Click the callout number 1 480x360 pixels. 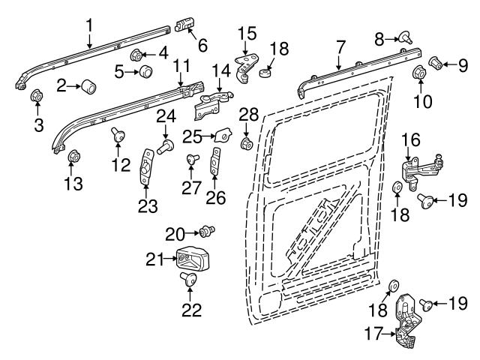89,26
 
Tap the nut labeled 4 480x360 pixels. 136,55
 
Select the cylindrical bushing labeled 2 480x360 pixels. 88,87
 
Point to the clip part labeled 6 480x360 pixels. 185,25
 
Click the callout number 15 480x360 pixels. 247,34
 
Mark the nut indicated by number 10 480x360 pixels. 420,73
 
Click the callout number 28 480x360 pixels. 248,115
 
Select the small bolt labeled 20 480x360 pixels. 207,231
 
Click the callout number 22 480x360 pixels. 192,310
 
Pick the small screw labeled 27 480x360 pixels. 193,159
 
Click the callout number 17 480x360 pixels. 373,334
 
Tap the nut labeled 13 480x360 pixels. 73,156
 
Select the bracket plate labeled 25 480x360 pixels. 223,135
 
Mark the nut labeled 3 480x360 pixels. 37,96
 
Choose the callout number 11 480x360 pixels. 181,66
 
